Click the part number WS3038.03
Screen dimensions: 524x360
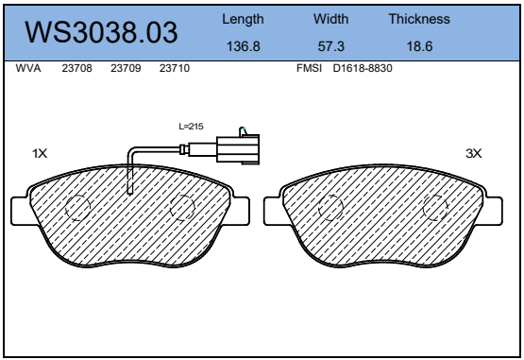[101, 32]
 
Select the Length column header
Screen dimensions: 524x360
[243, 20]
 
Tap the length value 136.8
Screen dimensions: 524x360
[244, 46]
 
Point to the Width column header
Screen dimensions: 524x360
[330, 19]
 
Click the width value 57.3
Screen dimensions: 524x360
[330, 46]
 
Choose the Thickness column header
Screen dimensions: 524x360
[419, 19]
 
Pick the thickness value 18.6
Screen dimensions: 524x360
[419, 46]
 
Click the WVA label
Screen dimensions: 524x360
[28, 68]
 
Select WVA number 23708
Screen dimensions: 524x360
[76, 68]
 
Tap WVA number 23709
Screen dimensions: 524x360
[126, 68]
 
